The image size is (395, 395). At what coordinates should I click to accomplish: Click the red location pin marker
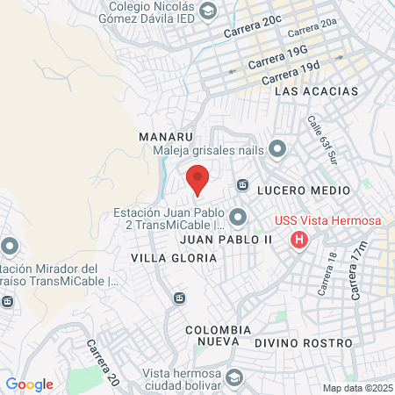point(197,179)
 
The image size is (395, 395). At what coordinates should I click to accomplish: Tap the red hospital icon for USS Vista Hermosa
point(299,239)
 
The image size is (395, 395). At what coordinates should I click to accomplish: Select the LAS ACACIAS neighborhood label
point(317,91)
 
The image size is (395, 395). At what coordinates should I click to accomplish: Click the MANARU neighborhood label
point(165,137)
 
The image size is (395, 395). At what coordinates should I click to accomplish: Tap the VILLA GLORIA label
point(173,258)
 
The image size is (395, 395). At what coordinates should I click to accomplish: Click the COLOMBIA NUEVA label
point(219,335)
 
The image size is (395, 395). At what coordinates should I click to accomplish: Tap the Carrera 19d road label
point(291,74)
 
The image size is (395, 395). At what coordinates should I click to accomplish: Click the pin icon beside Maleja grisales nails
point(277,149)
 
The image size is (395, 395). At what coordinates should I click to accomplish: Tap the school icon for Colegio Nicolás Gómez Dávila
point(208,11)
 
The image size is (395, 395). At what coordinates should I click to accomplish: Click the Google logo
point(29,384)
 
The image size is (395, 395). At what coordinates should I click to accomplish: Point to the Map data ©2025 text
point(356,388)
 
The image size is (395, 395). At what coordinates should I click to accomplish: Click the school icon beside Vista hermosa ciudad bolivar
point(234,377)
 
